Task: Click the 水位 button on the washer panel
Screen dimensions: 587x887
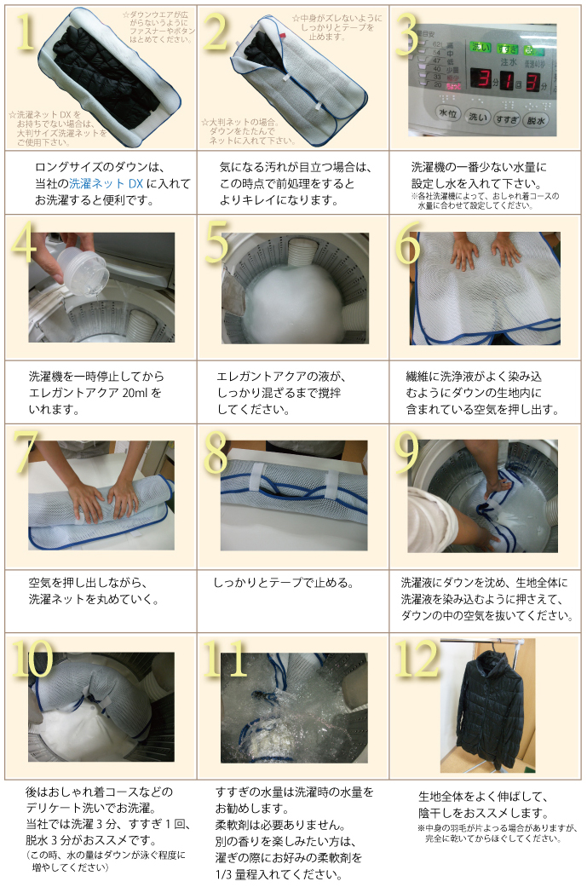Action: [448, 113]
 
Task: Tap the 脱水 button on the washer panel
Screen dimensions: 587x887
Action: [536, 120]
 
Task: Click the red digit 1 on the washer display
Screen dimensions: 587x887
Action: [507, 79]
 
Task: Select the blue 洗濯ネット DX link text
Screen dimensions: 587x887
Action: [106, 183]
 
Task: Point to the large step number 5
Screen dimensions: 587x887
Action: [216, 242]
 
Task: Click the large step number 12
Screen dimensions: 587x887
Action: [417, 658]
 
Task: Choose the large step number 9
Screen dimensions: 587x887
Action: [407, 452]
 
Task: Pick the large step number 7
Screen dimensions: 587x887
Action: [26, 451]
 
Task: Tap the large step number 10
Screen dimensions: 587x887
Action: [32, 658]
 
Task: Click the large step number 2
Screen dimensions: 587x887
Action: [217, 32]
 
